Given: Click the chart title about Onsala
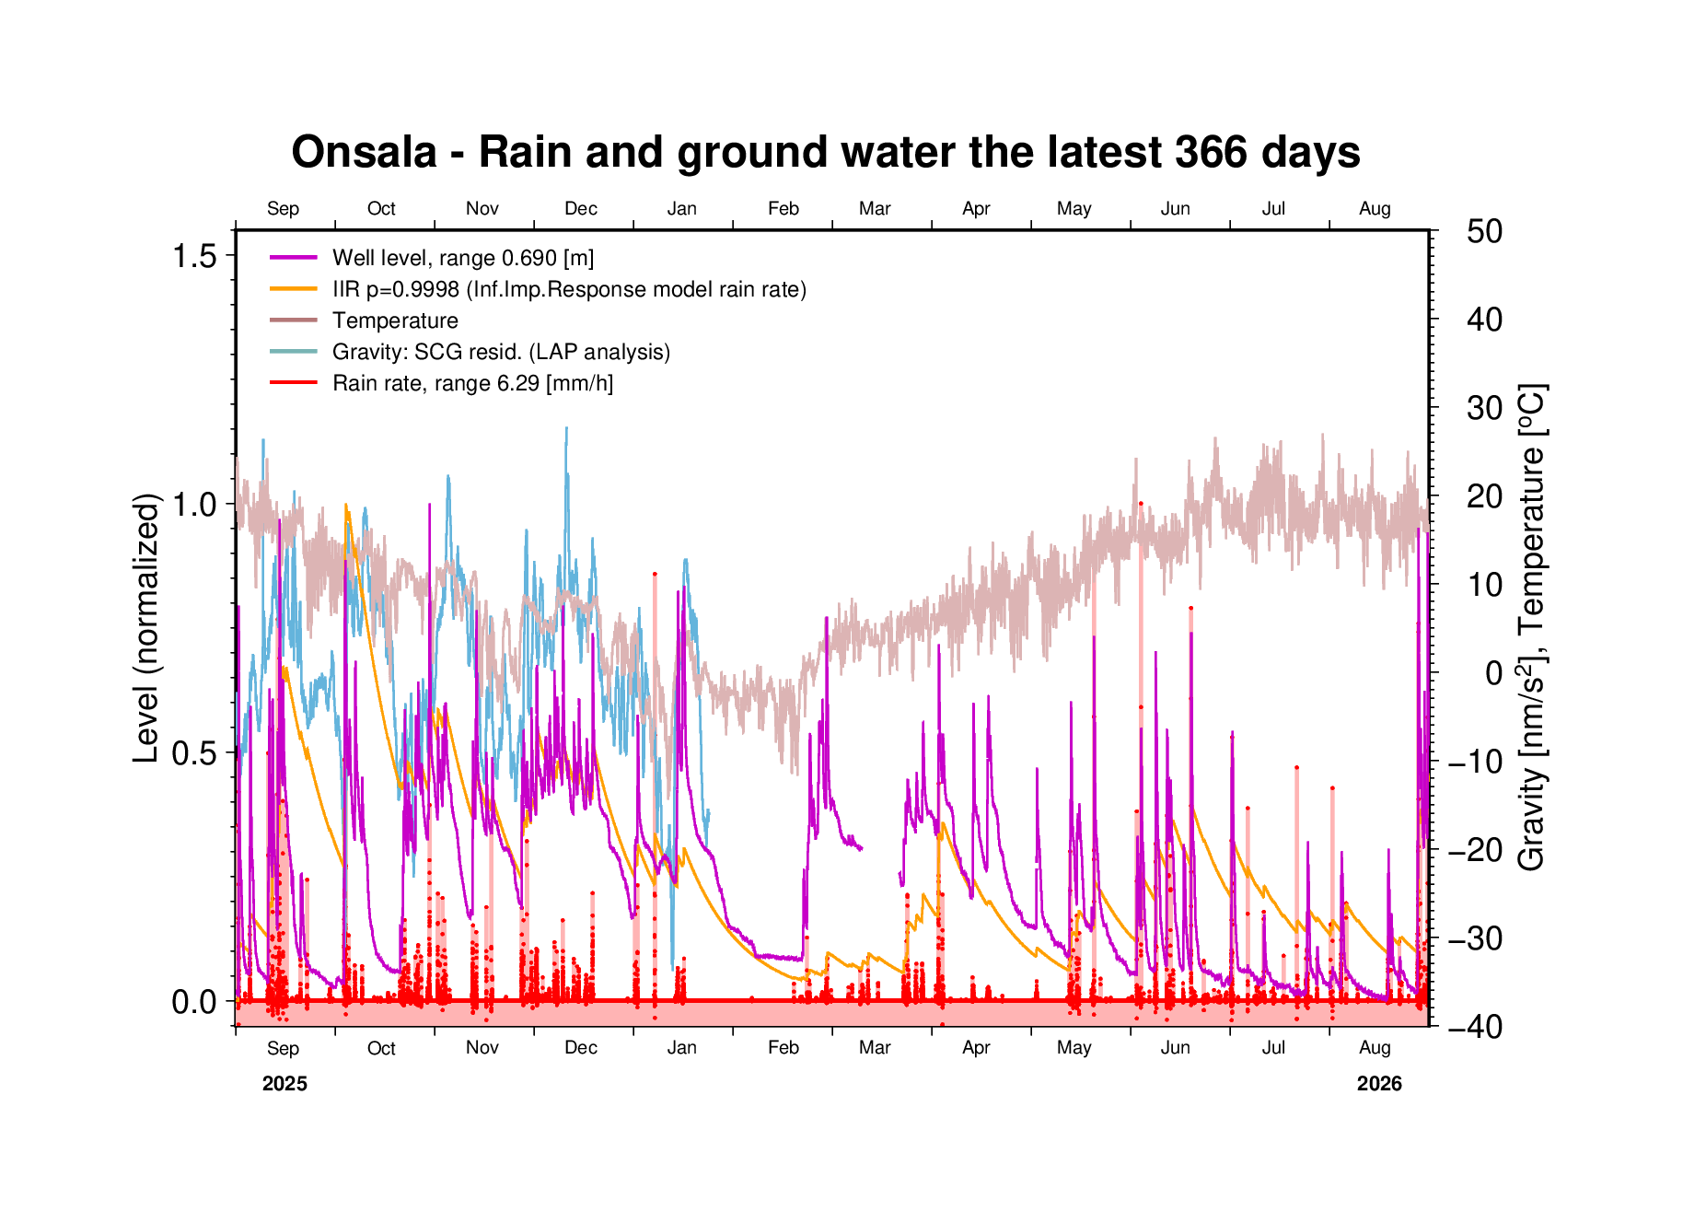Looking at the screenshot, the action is tap(826, 152).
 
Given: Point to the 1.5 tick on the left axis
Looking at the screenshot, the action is tap(194, 256).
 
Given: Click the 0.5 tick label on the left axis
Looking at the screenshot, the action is tap(194, 753).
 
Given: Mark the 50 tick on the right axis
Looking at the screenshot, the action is tap(1484, 231).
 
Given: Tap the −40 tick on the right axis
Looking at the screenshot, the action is tap(1475, 1026).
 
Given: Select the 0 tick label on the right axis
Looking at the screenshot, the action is tap(1493, 673).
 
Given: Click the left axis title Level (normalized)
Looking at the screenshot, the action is tap(146, 628).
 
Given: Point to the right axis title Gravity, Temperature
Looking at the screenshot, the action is tap(1533, 627).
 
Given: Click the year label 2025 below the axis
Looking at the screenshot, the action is tap(284, 1084).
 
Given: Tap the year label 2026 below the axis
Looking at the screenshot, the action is tap(1379, 1084).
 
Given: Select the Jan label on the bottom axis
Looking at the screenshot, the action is tap(681, 1048).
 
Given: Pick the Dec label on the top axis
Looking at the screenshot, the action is tap(581, 209).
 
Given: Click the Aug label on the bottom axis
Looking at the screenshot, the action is tap(1375, 1048).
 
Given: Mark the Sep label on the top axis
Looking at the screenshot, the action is tap(283, 209).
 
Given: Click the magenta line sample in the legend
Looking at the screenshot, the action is tap(294, 258).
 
